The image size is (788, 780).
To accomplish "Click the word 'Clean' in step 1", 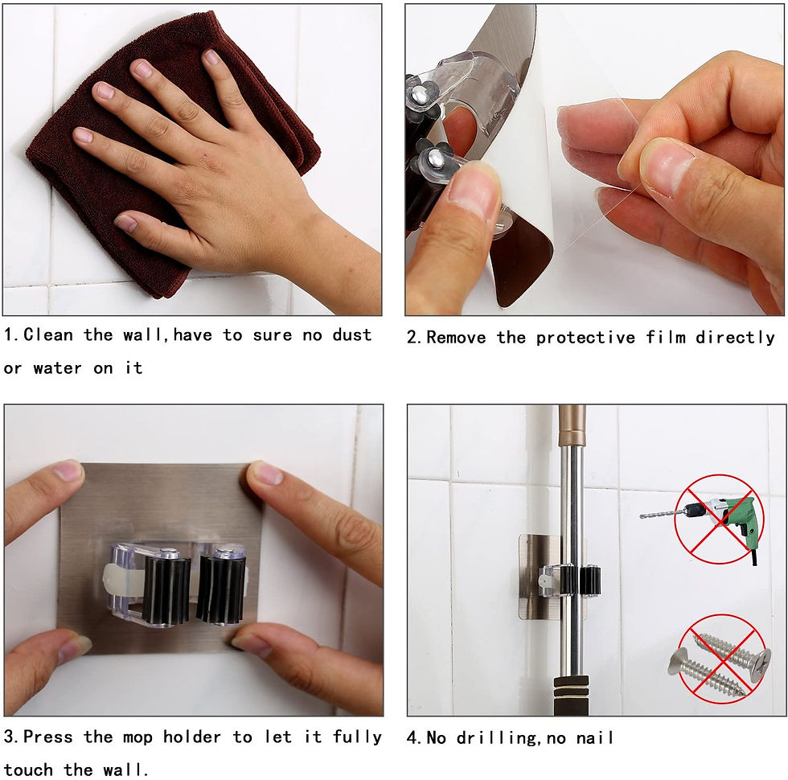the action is (48, 335).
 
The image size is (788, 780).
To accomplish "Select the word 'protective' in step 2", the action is (586, 337).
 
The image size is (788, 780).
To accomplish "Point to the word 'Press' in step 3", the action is (47, 737).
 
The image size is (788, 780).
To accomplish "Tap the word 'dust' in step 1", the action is (352, 335).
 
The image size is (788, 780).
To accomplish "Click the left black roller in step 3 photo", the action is (166, 588).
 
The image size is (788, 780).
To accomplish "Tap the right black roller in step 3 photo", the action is (222, 585).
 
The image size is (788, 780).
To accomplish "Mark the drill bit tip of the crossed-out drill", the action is (642, 516).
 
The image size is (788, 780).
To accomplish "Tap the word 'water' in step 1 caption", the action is (57, 368).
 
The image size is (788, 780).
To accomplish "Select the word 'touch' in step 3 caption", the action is (28, 770).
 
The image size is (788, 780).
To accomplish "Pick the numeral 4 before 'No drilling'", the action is (412, 738).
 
